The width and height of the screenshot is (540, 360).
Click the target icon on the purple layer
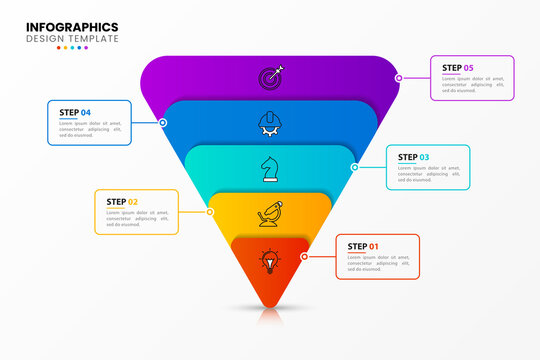(271, 76)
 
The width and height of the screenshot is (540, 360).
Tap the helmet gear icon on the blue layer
(270, 122)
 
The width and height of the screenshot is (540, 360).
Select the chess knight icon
(270, 168)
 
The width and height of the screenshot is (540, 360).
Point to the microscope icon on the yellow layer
(270, 213)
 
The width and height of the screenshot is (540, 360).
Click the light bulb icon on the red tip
(270, 261)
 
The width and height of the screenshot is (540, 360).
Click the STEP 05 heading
(458, 68)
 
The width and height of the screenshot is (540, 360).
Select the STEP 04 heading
(75, 112)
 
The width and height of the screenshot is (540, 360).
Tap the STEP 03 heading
(414, 157)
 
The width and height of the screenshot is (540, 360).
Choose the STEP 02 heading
(122, 202)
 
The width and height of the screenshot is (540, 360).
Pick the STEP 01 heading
(363, 246)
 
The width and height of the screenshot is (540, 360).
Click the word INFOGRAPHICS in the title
(72, 26)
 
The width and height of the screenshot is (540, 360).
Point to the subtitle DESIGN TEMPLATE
(72, 39)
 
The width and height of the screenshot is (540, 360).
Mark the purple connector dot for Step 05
(398, 77)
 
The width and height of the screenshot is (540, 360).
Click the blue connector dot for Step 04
(163, 122)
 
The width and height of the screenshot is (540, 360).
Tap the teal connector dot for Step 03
(354, 167)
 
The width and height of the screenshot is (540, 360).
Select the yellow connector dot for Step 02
(210, 211)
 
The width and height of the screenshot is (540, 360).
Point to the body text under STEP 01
(377, 263)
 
